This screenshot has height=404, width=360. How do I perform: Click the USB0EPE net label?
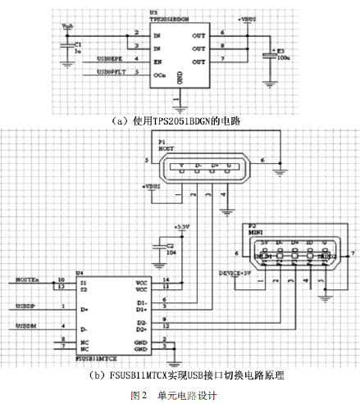(x=111, y=59)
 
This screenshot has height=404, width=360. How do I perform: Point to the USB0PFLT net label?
(x=112, y=73)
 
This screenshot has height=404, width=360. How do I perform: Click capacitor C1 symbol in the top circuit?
(x=69, y=47)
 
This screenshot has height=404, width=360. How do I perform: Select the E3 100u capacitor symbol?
(x=267, y=56)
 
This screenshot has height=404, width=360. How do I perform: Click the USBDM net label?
(x=25, y=327)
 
